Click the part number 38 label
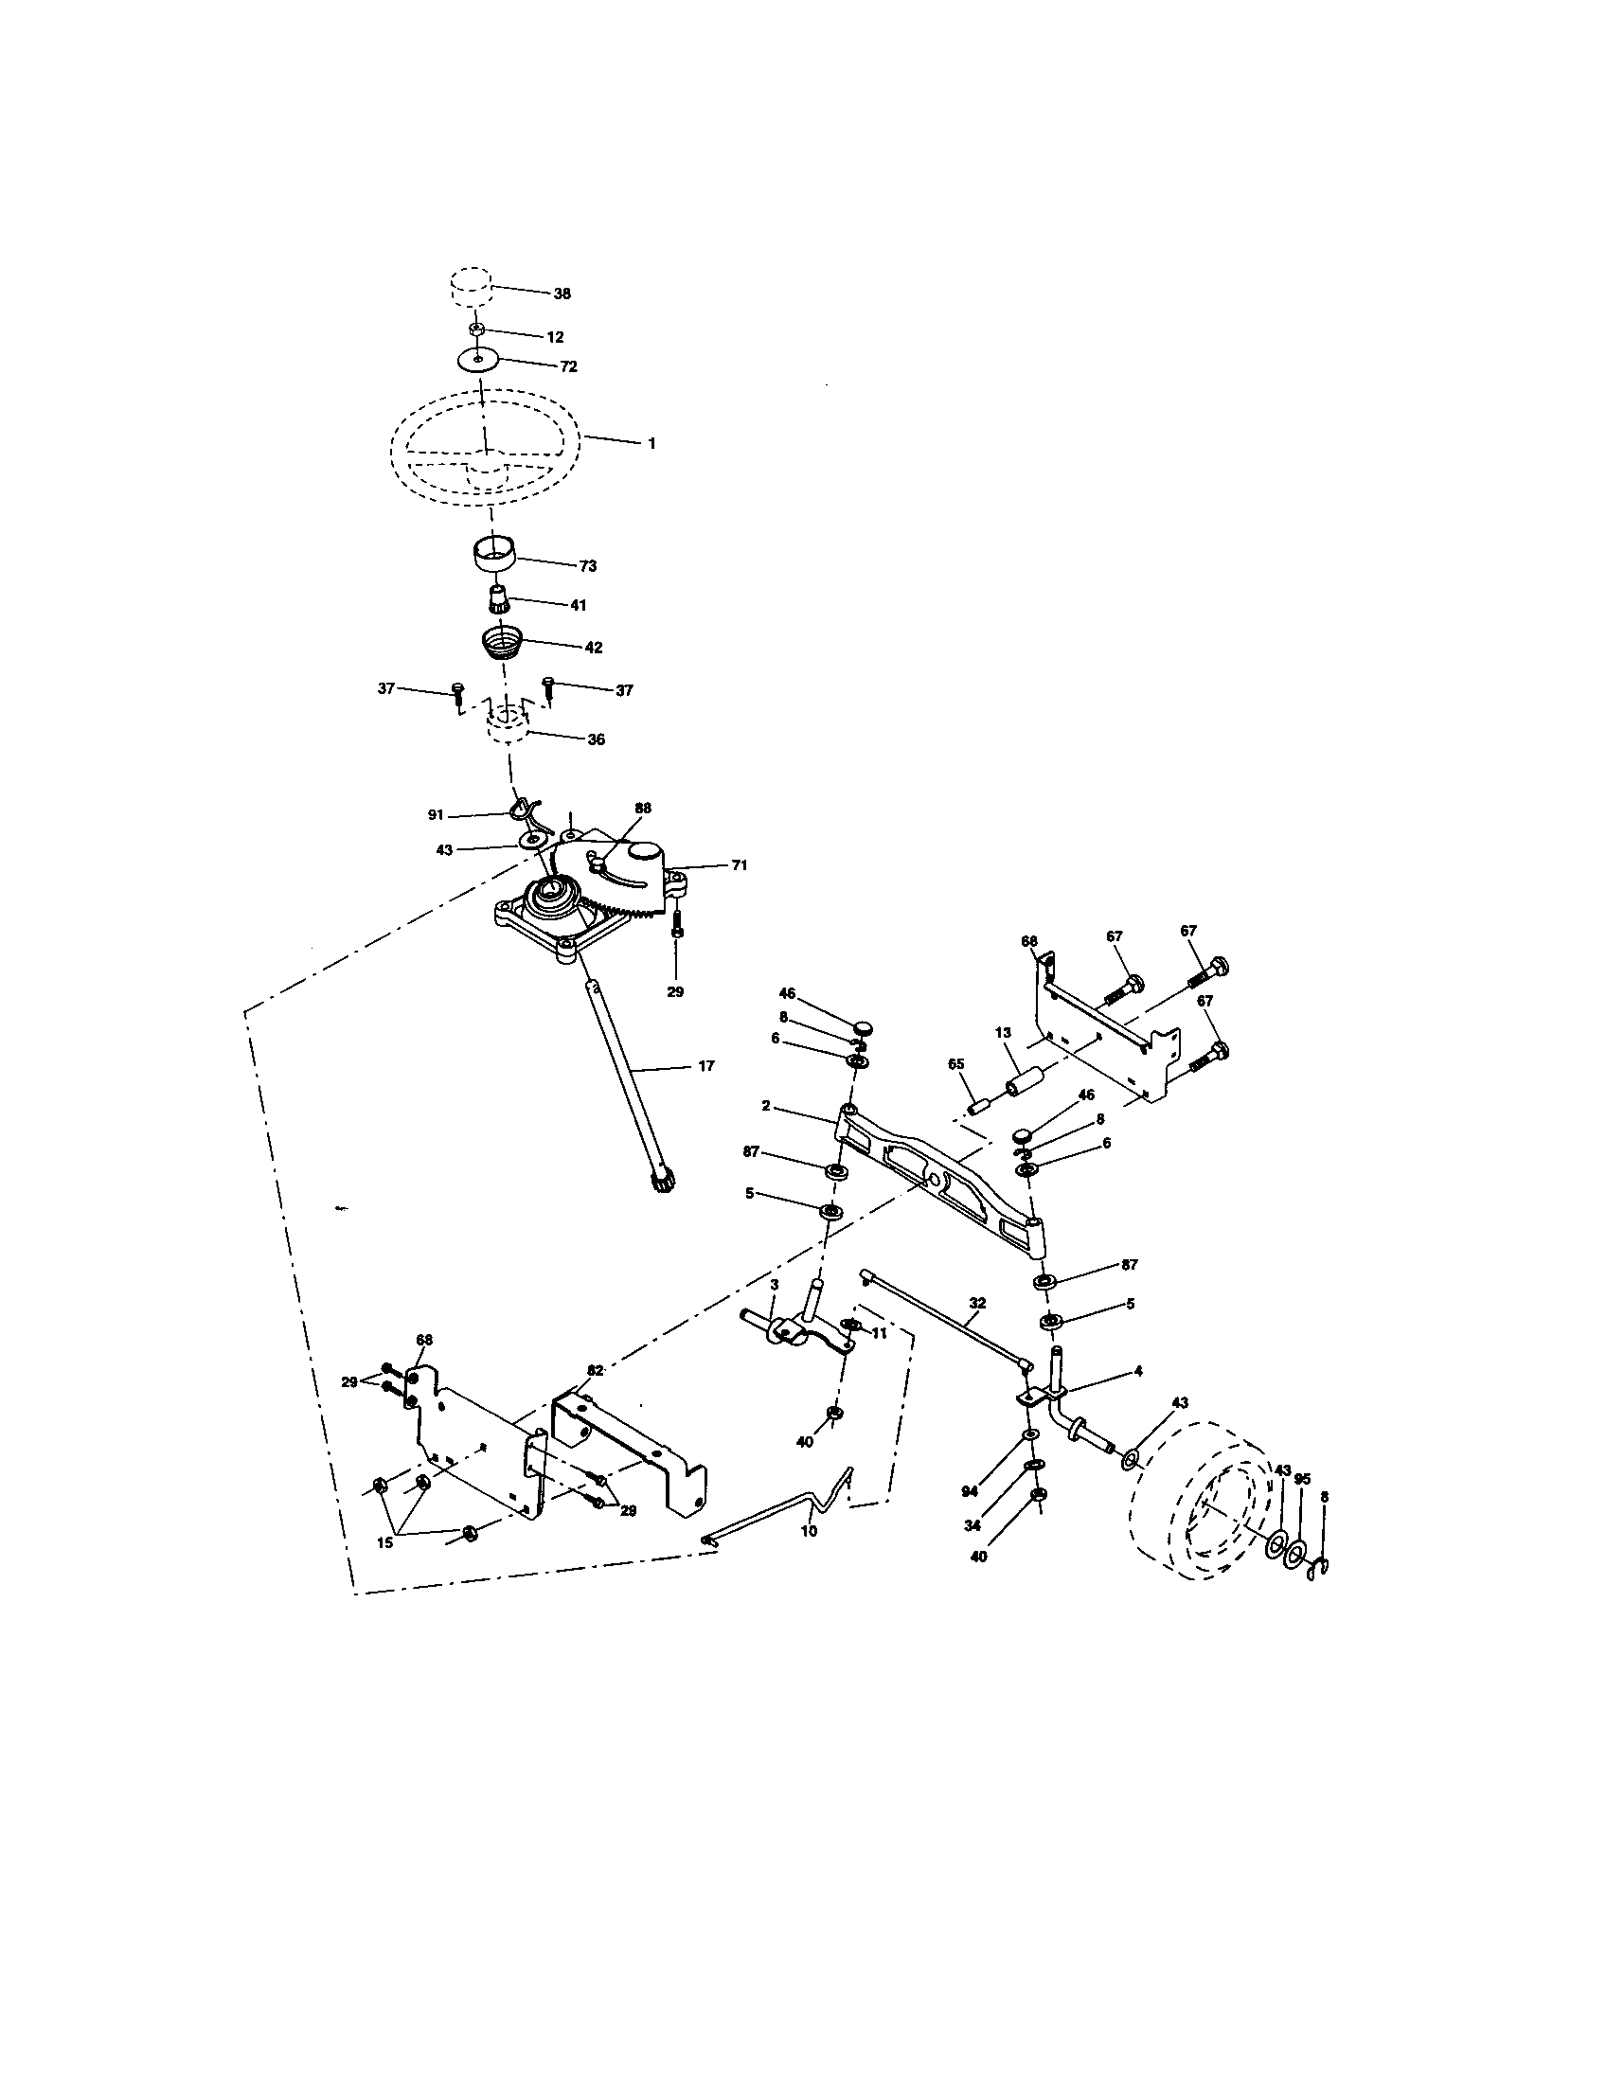point(562,294)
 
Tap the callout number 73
point(587,565)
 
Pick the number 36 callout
point(595,739)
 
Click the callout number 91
point(436,814)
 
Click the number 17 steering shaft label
point(705,1066)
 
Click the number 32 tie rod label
point(976,1303)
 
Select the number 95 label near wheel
point(1303,1479)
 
